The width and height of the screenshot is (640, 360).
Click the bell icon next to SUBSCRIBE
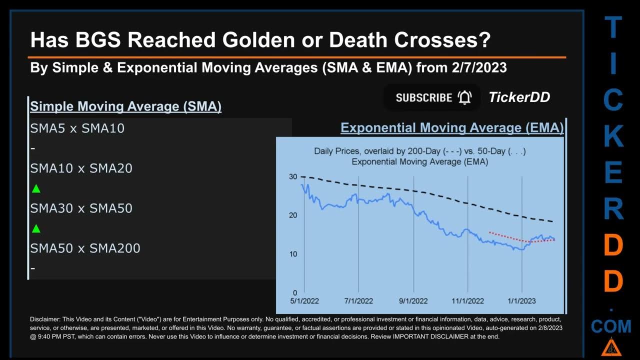(464, 97)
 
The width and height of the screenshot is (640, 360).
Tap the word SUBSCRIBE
(424, 97)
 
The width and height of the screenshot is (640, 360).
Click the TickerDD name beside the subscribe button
(519, 97)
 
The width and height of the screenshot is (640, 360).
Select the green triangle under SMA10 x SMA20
(35, 189)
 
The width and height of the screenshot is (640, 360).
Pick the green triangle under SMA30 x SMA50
(35, 229)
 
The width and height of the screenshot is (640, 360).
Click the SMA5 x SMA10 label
(77, 128)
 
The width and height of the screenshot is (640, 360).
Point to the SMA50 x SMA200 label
(85, 248)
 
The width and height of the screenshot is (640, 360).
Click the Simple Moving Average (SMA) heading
(125, 106)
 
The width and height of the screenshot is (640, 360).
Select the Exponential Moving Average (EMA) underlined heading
(452, 128)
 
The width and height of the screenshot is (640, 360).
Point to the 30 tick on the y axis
(292, 177)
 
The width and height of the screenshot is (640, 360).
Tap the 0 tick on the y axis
(295, 293)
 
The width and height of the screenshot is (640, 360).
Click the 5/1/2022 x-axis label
(304, 301)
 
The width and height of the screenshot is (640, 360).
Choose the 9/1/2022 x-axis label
(413, 301)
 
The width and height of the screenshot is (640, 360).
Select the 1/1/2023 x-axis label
(521, 301)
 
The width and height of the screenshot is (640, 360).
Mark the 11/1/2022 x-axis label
(467, 301)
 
